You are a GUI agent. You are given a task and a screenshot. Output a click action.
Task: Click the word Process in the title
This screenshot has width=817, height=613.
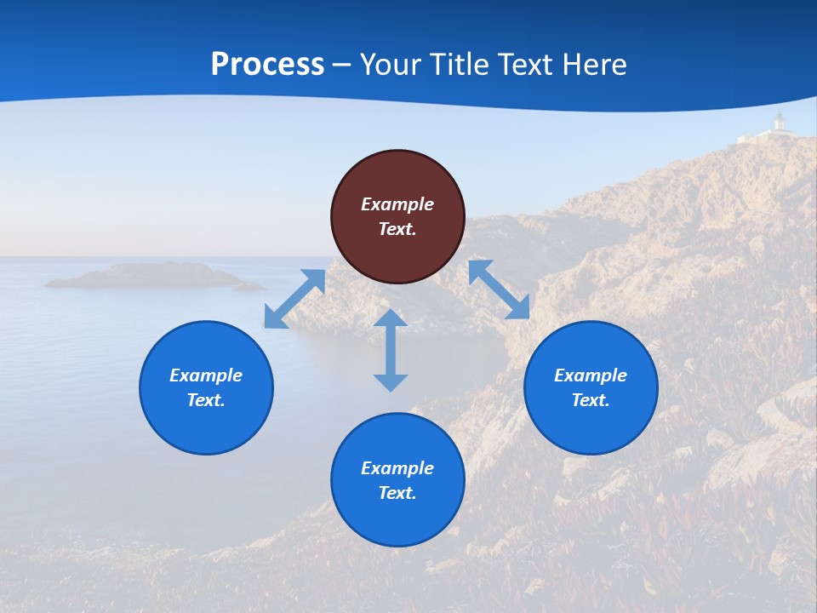pos(267,64)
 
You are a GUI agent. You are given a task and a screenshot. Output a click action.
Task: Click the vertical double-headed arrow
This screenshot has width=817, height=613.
pos(391,350)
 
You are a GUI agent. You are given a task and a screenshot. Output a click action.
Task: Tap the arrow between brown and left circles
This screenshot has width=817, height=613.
pos(294,298)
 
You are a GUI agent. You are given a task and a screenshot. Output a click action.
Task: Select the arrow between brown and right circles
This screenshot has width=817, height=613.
pos(499,289)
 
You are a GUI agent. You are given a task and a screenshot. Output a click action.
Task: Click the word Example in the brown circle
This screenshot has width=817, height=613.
pos(397,204)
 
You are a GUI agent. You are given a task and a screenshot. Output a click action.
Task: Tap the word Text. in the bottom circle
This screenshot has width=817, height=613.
pos(397,493)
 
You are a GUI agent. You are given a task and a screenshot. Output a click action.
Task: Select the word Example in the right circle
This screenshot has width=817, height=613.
pos(591,375)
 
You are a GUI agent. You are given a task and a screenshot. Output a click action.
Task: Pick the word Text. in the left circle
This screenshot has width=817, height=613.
pos(206,400)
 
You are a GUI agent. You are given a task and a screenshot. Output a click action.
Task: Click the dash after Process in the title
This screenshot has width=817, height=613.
pos(341,65)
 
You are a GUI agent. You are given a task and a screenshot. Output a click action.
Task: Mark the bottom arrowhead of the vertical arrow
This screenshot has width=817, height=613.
pos(391,382)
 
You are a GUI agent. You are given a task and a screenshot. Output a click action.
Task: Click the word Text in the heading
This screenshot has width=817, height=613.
pos(523,64)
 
